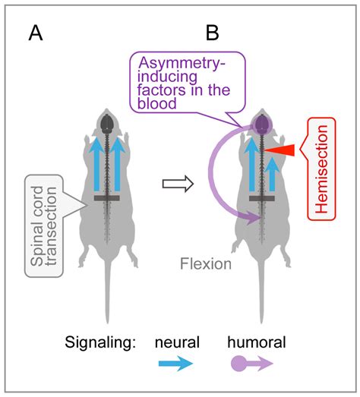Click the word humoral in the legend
(x=257, y=342)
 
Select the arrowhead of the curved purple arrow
(x=250, y=219)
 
